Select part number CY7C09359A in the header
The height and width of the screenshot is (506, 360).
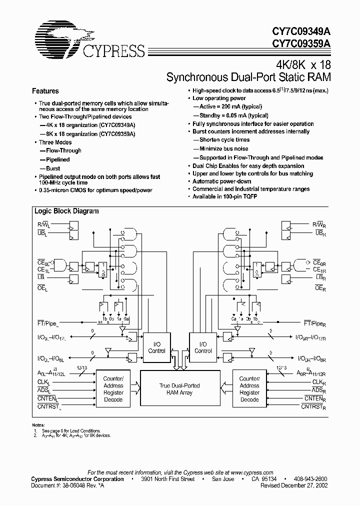point(301,43)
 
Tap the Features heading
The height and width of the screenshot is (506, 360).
point(45,91)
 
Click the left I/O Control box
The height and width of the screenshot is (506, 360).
point(156,347)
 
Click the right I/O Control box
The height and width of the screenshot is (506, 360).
point(203,347)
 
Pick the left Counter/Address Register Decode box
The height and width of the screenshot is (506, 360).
point(113,389)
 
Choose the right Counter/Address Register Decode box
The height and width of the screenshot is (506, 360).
point(249,389)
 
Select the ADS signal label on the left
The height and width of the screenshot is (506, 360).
point(44,390)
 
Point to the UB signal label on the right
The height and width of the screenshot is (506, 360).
point(320,233)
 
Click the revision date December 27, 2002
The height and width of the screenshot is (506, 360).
point(306,485)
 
